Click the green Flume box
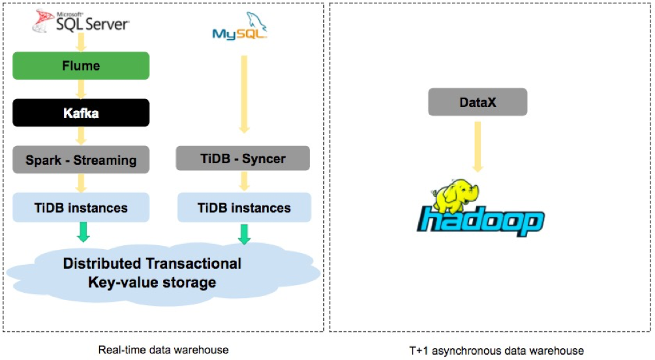pos(81,66)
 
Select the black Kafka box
pos(81,113)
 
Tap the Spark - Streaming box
pos(81,160)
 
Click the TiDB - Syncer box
pos(243,158)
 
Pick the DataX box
pos(478,102)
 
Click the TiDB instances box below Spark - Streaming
pos(81,207)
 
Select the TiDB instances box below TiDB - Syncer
pos(245,207)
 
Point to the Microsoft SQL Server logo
pos(81,21)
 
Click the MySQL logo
pos(240,27)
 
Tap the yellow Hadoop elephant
pos(455,196)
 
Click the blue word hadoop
pos(481,221)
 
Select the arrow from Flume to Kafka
pos(81,89)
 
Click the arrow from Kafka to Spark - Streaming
pos(81,136)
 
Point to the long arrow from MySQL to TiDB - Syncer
pos(245,95)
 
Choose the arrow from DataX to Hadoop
pos(478,147)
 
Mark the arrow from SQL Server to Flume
pos(81,42)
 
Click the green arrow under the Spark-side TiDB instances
pos(84,232)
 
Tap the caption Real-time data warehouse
pos(163,350)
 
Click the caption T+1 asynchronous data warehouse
pos(496,350)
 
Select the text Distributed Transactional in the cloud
pos(152,263)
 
